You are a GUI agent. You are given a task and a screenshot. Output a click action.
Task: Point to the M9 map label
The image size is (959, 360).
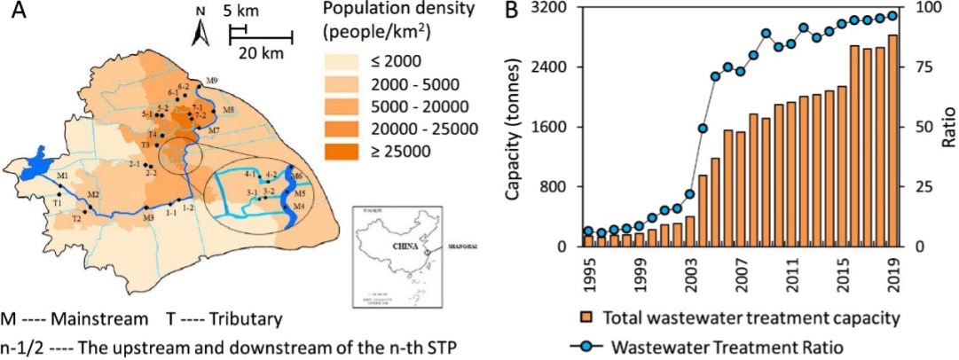coord(211,82)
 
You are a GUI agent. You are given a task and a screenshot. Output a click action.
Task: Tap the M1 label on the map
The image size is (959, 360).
coord(63,176)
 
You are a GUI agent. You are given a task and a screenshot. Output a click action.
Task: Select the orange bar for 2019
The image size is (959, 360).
coord(892,141)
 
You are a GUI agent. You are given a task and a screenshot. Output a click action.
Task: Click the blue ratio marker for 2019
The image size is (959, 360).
coord(892,15)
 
